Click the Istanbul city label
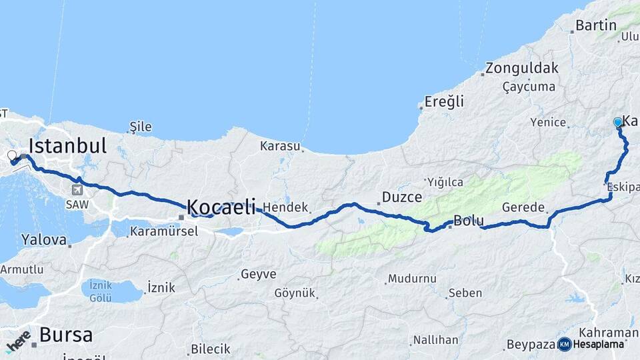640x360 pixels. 67,146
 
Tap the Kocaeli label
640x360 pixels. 221,207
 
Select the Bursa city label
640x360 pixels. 65,335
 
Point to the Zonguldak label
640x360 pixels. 521,68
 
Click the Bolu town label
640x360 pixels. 468,221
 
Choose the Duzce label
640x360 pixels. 401,197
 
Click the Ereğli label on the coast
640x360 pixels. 445,102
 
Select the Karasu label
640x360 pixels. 280,145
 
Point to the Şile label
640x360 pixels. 141,127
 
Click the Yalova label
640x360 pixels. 44,239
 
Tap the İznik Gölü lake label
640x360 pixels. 100,291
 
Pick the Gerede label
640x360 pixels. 523,207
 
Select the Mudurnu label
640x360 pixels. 412,279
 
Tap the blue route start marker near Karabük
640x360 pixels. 618,122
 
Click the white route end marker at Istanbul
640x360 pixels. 11,156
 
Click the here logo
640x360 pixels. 19,340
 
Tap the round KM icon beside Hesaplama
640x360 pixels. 565,344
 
